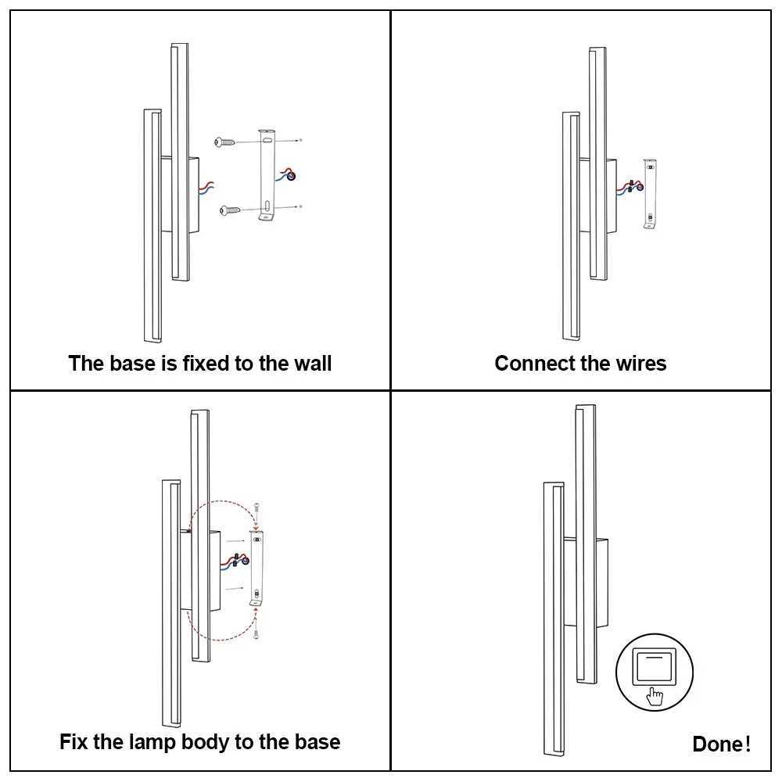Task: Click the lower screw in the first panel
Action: (229, 210)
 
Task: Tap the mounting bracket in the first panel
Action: (268, 176)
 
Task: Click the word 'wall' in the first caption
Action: (312, 364)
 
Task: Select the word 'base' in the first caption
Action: (130, 364)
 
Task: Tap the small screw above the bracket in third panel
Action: (257, 511)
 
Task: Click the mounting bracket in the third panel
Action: (256, 567)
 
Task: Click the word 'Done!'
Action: (721, 744)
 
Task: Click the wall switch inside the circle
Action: (654, 665)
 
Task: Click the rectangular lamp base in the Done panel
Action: (600, 583)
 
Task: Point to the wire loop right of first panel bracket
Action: (291, 175)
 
